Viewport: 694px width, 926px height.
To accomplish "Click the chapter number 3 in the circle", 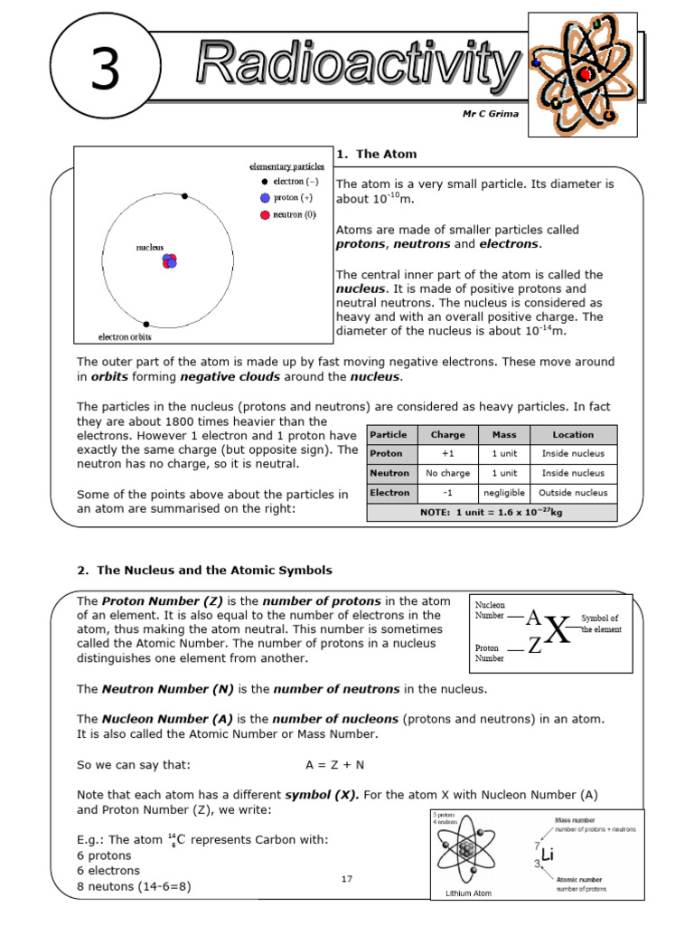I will [105, 71].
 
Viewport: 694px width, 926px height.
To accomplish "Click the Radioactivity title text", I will [357, 64].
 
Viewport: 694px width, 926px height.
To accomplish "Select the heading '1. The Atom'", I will [376, 154].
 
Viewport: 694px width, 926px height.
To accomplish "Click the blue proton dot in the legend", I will [265, 197].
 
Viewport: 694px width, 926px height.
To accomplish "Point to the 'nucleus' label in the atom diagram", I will [150, 246].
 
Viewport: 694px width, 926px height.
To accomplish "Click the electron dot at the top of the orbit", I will [185, 196].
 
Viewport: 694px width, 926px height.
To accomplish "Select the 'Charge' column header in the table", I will [448, 434].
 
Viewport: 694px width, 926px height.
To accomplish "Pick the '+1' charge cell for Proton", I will [448, 454].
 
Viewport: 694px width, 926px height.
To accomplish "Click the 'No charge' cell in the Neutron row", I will [448, 473].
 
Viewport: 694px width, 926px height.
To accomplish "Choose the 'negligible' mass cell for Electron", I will [504, 493].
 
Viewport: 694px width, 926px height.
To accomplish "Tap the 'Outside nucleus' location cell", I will [573, 493].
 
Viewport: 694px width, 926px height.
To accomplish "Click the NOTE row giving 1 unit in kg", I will [492, 512].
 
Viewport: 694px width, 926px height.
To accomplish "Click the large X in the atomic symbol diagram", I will [558, 631].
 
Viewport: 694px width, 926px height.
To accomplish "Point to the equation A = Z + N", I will [334, 764].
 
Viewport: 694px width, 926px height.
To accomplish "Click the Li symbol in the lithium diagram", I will [547, 855].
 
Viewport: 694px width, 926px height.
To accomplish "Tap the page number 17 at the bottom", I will [347, 879].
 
